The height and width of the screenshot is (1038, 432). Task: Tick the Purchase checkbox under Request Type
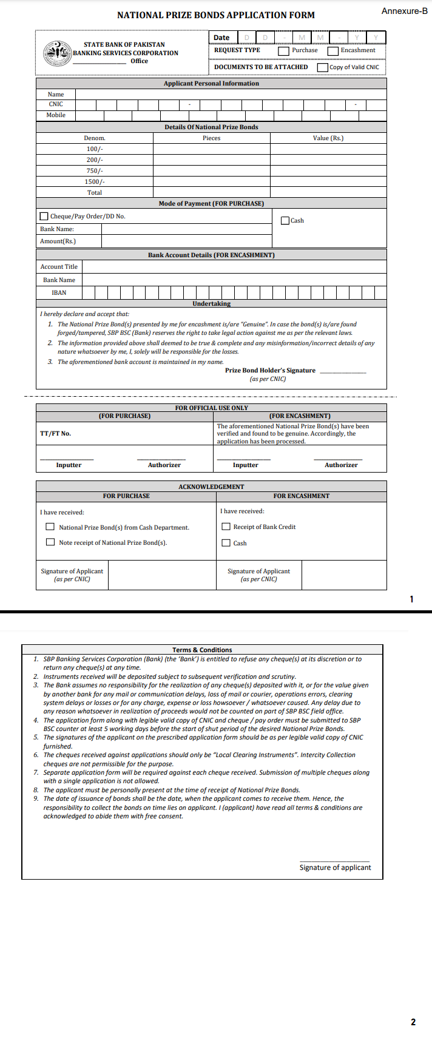click(283, 51)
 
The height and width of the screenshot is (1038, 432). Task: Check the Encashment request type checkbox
click(332, 51)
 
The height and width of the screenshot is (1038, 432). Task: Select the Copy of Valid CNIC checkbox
click(323, 67)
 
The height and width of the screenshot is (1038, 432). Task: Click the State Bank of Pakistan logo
click(58, 53)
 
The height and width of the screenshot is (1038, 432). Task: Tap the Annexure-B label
click(404, 11)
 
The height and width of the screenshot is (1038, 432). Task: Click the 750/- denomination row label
click(95, 170)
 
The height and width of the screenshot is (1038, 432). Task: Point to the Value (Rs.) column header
click(328, 138)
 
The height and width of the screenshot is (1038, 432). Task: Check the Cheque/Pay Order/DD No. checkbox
click(44, 216)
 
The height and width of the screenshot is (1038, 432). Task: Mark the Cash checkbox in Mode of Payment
click(285, 220)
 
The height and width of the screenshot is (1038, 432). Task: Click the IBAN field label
click(59, 292)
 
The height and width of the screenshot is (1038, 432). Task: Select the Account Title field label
click(59, 266)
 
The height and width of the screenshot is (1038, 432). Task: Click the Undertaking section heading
click(211, 303)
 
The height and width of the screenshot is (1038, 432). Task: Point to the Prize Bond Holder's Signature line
click(343, 371)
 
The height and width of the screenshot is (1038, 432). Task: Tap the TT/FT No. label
click(55, 434)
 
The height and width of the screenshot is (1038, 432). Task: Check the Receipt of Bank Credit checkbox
click(226, 527)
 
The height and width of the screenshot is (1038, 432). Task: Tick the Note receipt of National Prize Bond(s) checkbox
click(50, 542)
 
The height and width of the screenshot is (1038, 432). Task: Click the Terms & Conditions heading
click(202, 650)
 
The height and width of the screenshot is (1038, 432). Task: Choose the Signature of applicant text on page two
click(335, 868)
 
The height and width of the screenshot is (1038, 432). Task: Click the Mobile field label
click(56, 115)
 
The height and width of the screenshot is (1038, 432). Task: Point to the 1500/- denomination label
click(95, 181)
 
